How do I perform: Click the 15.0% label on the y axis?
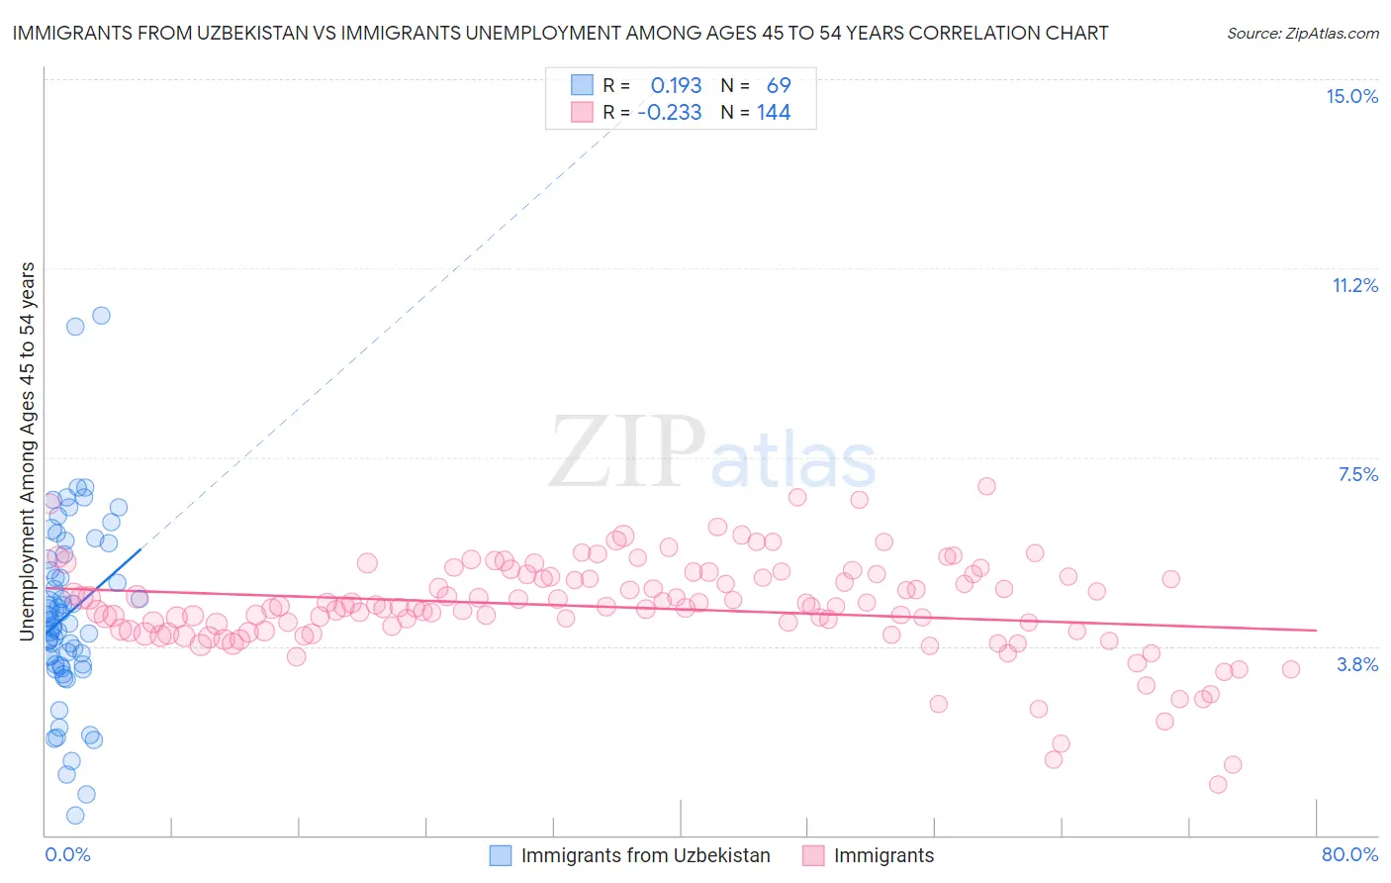click(x=1351, y=96)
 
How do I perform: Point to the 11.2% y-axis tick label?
click(x=1354, y=285)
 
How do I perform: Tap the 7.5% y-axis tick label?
click(x=1357, y=474)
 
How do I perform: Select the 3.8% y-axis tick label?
click(x=1357, y=664)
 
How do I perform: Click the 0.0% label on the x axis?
click(x=67, y=854)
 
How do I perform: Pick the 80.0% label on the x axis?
click(x=1349, y=854)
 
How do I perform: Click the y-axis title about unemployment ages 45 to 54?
click(x=28, y=450)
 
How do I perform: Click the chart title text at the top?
click(x=560, y=33)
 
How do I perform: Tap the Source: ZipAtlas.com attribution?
click(x=1302, y=33)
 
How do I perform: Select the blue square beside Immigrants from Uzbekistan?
click(x=501, y=855)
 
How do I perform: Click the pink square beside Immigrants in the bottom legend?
click(x=813, y=855)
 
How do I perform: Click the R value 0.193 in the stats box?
click(x=676, y=86)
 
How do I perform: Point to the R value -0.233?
click(x=670, y=113)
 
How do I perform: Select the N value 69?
click(x=779, y=86)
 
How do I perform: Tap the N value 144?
click(x=774, y=113)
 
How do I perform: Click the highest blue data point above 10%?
click(x=101, y=316)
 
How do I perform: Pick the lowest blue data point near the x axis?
click(x=75, y=816)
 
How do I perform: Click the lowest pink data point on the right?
click(x=1218, y=784)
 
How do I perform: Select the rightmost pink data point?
click(x=1290, y=669)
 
